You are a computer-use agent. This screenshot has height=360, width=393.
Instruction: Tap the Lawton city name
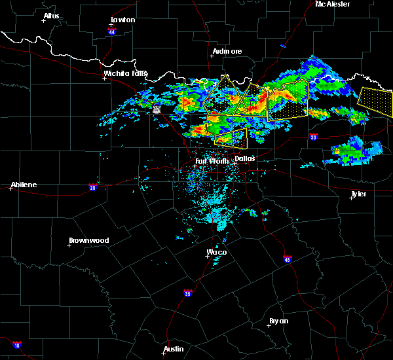tap(122, 20)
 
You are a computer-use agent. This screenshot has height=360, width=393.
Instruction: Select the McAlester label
tap(332, 4)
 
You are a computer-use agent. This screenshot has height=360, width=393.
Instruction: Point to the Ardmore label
tap(227, 51)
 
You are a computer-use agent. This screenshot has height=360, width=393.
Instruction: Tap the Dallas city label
tap(244, 158)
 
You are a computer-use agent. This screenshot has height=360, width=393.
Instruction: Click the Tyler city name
tap(358, 194)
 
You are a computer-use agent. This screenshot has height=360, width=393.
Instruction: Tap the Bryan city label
tap(278, 321)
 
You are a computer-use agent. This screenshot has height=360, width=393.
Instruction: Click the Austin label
tap(174, 349)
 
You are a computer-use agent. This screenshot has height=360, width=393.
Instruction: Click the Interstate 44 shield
tap(112, 31)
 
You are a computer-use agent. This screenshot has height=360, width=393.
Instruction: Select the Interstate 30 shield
tap(313, 137)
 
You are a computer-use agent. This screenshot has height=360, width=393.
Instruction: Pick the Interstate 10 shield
tap(16, 345)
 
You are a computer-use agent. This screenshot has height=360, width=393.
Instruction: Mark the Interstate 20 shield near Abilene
tap(92, 187)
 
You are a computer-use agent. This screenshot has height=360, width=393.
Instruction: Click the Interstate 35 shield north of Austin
tap(188, 293)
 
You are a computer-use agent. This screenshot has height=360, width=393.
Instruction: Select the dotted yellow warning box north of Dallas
tap(231, 135)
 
